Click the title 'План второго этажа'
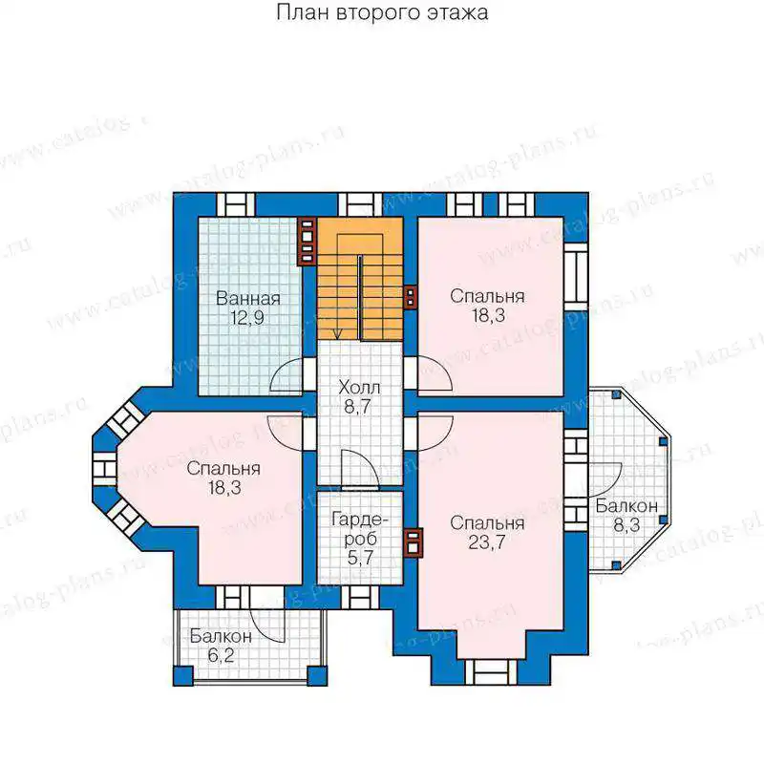point(382,12)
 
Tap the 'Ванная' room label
point(248,298)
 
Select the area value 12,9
point(247,318)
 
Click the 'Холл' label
point(359,388)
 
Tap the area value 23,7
point(487,542)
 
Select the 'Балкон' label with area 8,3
point(626,506)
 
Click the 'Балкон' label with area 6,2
point(221,636)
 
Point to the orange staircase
point(360,279)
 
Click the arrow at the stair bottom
point(337,334)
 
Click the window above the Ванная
point(236,204)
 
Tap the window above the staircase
point(360,204)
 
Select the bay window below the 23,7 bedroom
point(491,672)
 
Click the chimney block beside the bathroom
point(307,242)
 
